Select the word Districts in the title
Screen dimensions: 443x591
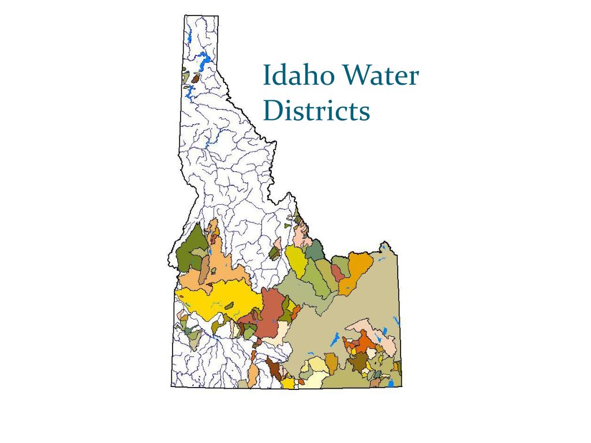pos(316,111)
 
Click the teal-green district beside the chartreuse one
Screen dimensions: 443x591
pos(315,251)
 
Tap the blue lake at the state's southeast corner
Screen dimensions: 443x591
pos(391,382)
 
